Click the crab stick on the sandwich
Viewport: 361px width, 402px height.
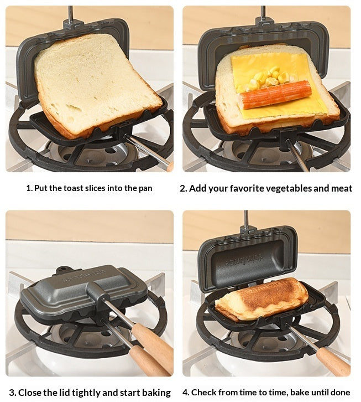tap(275, 95)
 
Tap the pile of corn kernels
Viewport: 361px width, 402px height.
tap(268, 79)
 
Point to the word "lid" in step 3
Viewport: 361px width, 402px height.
tap(66, 392)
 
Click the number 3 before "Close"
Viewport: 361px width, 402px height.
tap(12, 393)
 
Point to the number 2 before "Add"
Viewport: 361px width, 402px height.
tap(183, 188)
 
